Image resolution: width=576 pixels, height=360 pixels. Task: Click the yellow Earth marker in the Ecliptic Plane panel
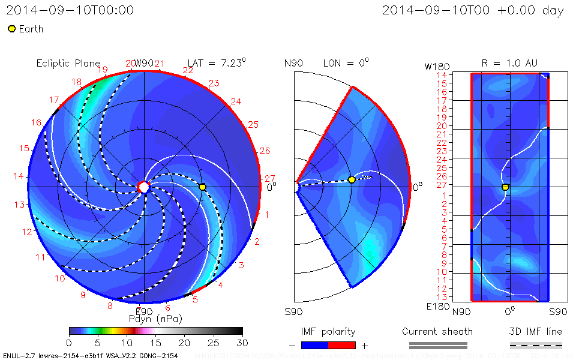pos(202,187)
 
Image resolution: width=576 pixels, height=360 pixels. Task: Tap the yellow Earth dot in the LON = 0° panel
pos(352,180)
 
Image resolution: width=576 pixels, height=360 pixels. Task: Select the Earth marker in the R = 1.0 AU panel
pos(505,187)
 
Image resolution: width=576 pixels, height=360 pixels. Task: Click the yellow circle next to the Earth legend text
pos(11,29)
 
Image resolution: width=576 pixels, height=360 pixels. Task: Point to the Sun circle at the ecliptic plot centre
pos(143,187)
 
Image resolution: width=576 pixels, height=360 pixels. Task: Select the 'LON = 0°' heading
pos(346,63)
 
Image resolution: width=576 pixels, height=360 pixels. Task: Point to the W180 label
pos(436,66)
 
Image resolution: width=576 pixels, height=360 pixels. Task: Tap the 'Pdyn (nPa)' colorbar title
pos(155,318)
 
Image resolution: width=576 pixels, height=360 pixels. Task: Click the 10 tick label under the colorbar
pos(127,342)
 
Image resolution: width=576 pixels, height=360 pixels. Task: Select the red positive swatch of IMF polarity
pos(342,345)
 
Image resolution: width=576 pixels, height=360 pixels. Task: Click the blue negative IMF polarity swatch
pos(314,345)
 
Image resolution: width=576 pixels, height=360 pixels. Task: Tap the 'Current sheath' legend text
pos(437,332)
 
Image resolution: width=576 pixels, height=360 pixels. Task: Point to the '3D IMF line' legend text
pos(535,332)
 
